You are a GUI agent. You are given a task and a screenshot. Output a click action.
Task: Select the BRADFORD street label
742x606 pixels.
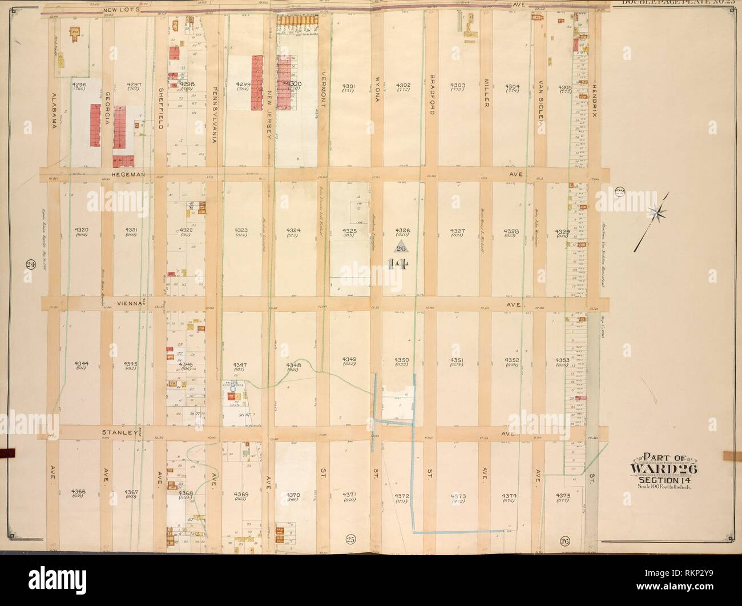432,94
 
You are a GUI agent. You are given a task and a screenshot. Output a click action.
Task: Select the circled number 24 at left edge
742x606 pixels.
28,264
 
